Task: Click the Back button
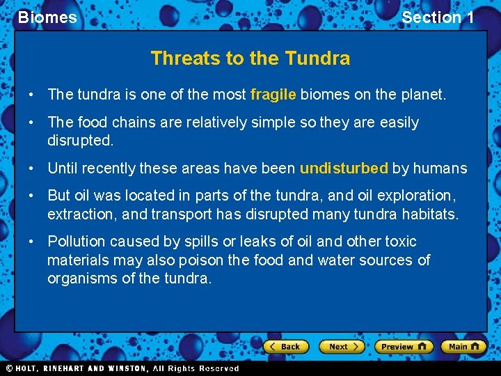click(x=285, y=346)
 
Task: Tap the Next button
click(x=342, y=346)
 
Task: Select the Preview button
click(x=403, y=346)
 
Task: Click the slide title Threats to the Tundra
click(x=250, y=58)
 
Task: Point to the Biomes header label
click(x=47, y=17)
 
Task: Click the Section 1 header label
click(x=438, y=17)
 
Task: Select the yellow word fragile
click(x=273, y=94)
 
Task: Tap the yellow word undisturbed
click(x=344, y=169)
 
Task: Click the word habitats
click(x=429, y=214)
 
